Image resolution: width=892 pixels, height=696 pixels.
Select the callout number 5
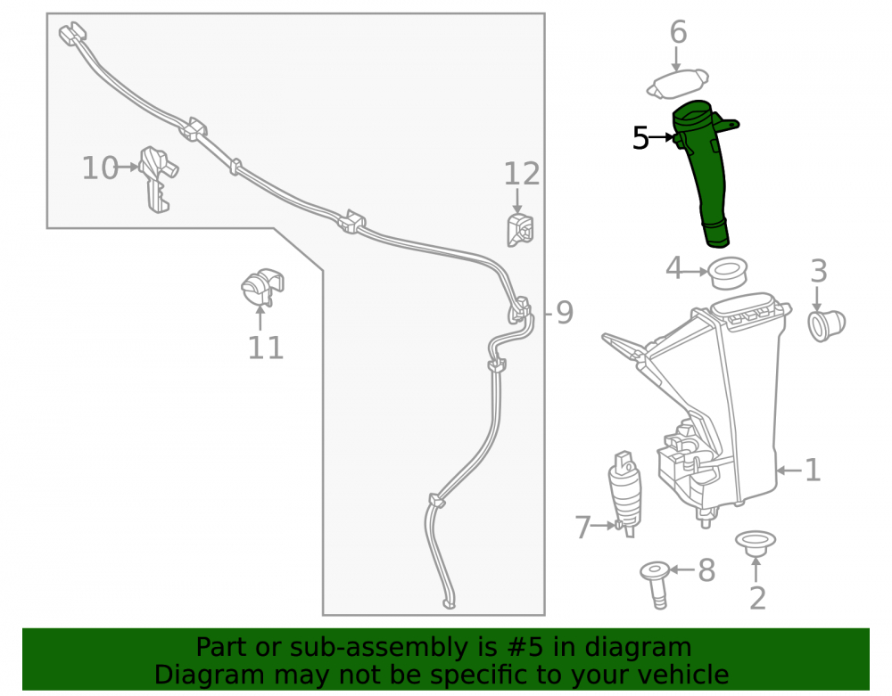coord(640,138)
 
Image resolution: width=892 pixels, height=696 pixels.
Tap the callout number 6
coord(678,32)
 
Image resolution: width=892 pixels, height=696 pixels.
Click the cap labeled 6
coord(678,84)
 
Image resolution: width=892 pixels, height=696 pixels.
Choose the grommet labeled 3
coord(827,325)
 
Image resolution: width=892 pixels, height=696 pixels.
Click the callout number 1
coord(813,471)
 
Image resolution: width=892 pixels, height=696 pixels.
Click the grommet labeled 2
coord(756,543)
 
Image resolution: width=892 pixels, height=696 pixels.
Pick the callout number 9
coord(564,313)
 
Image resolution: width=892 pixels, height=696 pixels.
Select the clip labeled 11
coord(262,287)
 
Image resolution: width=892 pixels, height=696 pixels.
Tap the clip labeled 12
coord(520,230)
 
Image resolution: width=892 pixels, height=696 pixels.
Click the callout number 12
coord(522,174)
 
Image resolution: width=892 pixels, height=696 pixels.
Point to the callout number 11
coord(266,348)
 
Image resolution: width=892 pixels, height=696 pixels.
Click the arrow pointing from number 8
coord(682,569)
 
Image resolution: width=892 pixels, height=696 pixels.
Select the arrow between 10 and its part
coord(128,167)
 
